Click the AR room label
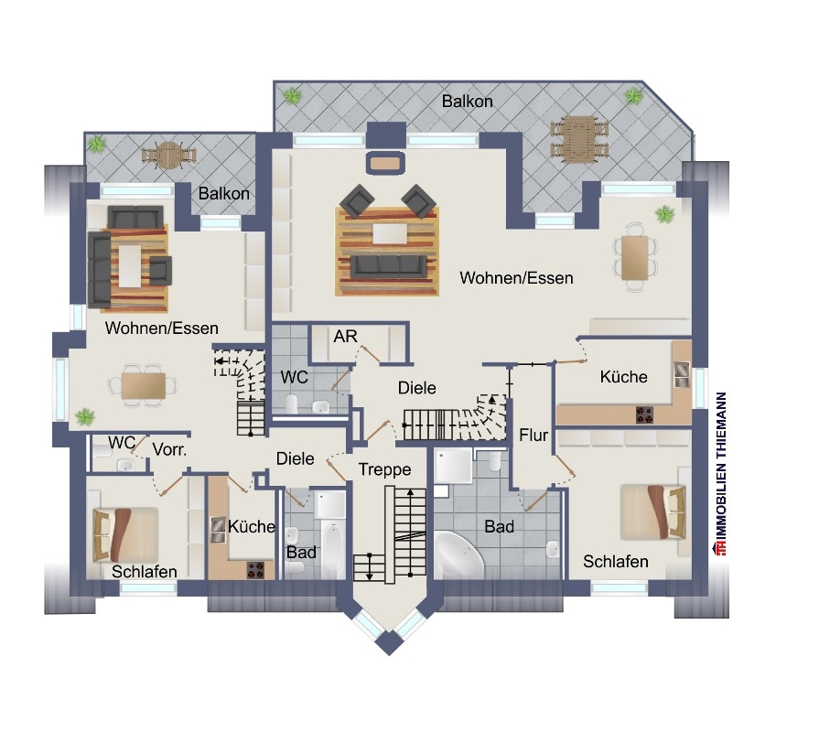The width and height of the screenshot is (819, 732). (345, 337)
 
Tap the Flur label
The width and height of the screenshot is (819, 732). (533, 436)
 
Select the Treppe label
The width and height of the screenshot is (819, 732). (384, 469)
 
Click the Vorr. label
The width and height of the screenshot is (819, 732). (170, 449)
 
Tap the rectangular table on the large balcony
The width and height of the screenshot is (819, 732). (578, 139)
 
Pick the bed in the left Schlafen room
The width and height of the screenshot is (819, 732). (125, 534)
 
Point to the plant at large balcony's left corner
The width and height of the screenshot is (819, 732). (292, 95)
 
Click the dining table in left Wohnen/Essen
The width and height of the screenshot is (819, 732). (144, 386)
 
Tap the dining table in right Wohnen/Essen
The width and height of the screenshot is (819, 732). (634, 257)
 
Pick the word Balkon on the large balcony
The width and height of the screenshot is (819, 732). (467, 102)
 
